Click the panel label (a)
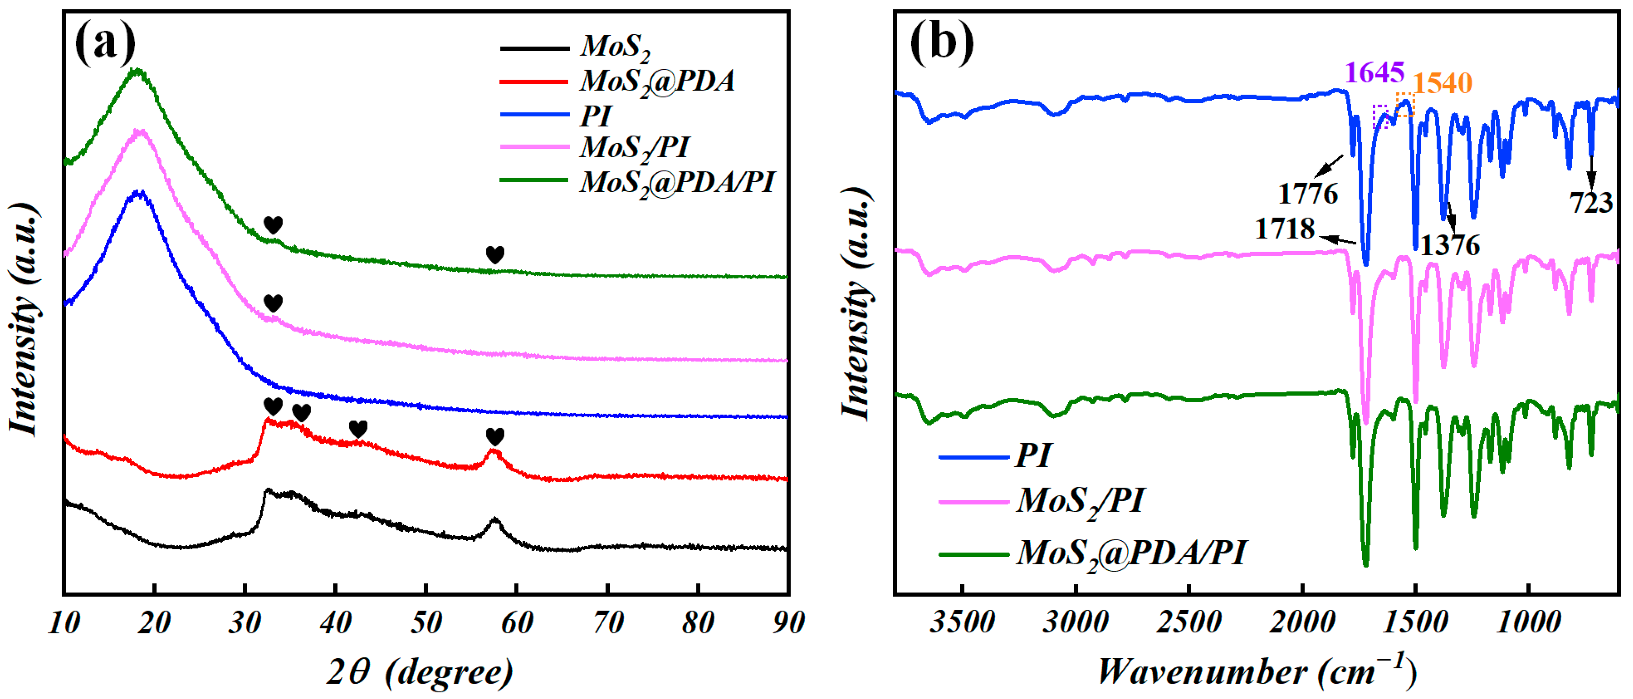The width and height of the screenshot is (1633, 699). pos(105,42)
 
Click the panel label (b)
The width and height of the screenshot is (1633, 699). pos(941,42)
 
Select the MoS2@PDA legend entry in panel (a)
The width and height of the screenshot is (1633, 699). pos(657,81)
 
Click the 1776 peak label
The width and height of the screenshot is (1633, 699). pos(1308,193)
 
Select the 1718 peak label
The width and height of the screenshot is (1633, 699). pos(1285,228)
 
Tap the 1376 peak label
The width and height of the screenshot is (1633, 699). pos(1450,245)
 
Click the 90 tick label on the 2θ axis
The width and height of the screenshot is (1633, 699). pos(788,622)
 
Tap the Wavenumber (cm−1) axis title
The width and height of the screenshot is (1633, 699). pos(1256,671)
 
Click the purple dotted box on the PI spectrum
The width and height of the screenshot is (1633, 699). pos(1382,116)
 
